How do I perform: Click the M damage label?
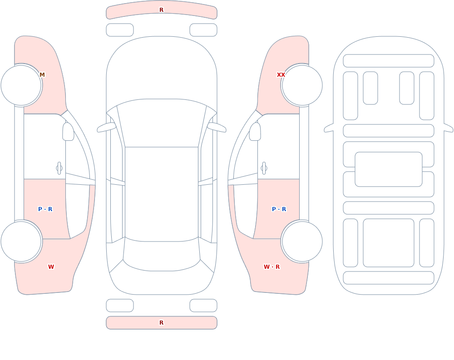[42, 75]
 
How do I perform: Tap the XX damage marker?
[281, 75]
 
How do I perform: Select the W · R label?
[271, 267]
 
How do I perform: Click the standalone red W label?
[51, 267]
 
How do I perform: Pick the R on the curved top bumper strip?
[162, 10]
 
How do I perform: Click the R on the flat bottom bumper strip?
[162, 323]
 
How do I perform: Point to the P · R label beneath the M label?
[45, 209]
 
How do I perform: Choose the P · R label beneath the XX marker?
[279, 209]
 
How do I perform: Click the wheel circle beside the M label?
[21, 85]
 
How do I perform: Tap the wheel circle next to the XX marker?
[302, 85]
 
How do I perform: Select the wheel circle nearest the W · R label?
[302, 241]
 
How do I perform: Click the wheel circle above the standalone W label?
[21, 241]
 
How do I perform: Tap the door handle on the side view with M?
[59, 168]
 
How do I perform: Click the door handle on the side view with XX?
[264, 168]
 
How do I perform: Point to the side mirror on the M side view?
[68, 132]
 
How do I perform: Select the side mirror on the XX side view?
[255, 132]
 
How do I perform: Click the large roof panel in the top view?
[162, 194]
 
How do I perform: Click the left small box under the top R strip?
[120, 30]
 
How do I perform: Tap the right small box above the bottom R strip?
[203, 306]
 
